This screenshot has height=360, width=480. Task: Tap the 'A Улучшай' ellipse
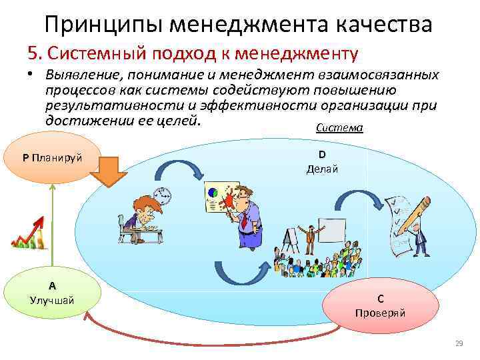(51, 293)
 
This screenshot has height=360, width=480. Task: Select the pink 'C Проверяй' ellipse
(380, 306)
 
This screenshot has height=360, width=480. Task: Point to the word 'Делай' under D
(322, 169)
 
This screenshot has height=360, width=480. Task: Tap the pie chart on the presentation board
(214, 193)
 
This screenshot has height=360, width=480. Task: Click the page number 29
(458, 344)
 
